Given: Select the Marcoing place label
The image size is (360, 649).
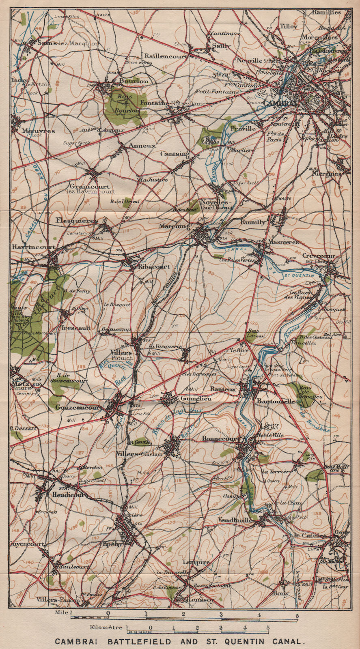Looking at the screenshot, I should (175, 226).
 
